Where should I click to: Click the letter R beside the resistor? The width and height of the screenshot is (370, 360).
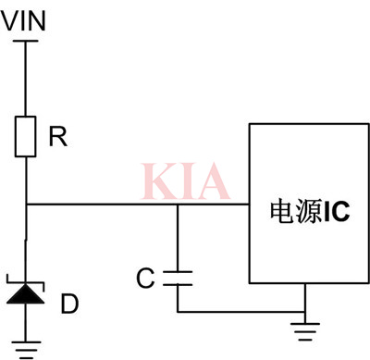[57, 138]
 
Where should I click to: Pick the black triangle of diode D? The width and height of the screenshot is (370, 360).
[27, 294]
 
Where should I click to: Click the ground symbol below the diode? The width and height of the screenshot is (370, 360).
[27, 349]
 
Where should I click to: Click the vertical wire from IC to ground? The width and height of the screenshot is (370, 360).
[305, 298]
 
